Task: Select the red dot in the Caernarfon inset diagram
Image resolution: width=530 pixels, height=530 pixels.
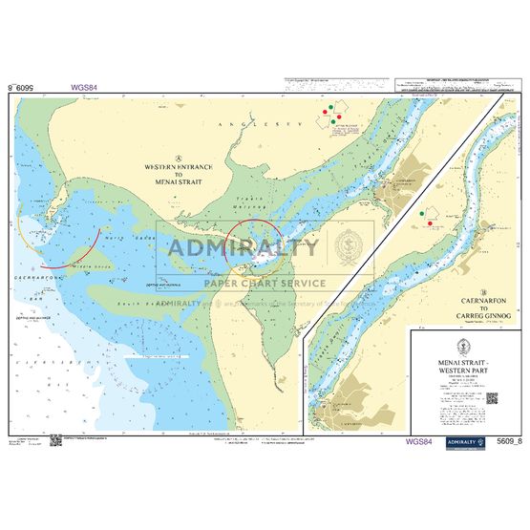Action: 432,223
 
